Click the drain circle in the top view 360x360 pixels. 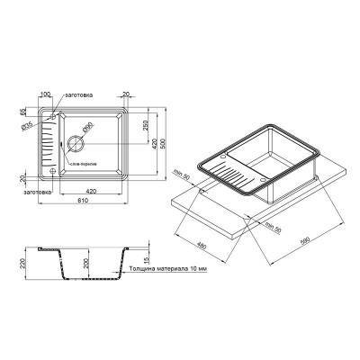[76, 140]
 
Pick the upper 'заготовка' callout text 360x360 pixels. [77, 94]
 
